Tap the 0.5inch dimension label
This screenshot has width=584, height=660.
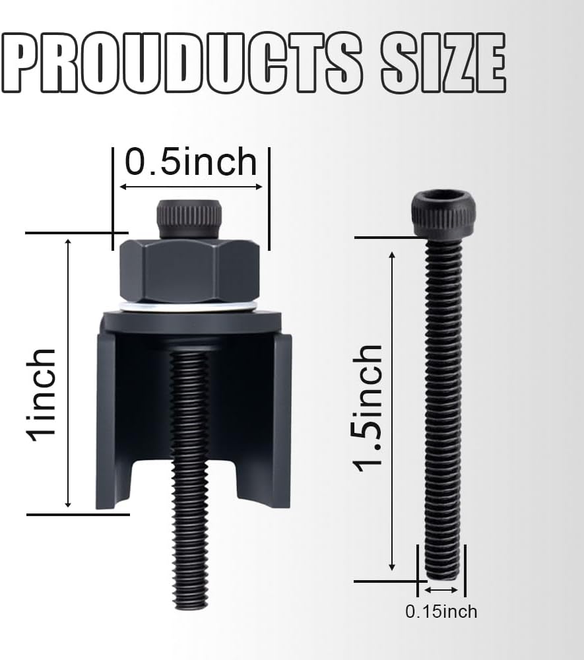pos(191,162)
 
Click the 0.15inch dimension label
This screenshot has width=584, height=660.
pos(441,612)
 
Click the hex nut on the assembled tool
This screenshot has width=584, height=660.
pos(190,271)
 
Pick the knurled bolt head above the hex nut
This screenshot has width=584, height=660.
pos(189,220)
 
